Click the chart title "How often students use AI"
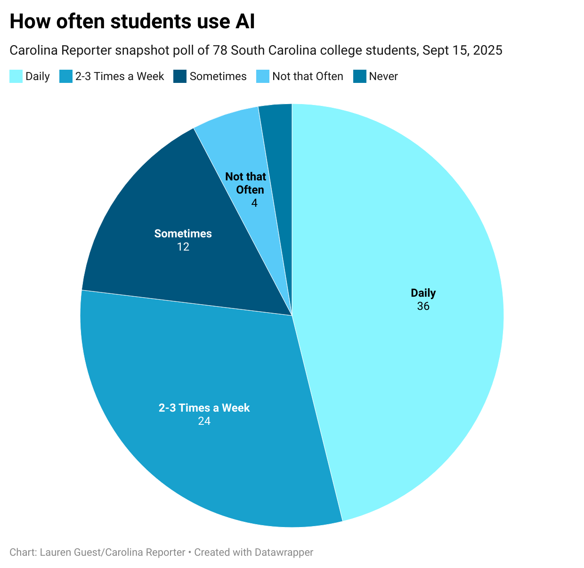click(x=132, y=21)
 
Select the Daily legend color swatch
click(x=16, y=76)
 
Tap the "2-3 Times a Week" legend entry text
click(x=120, y=76)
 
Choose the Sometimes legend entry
click(x=218, y=76)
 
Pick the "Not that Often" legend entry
click(x=308, y=76)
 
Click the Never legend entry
click(x=383, y=76)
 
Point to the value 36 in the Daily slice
click(x=423, y=306)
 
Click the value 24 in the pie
click(x=204, y=421)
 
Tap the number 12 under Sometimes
click(x=183, y=247)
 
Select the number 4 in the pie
click(x=254, y=203)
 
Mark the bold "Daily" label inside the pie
click(x=423, y=293)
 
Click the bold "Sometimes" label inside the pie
click(x=183, y=234)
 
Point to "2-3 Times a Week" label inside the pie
click(x=204, y=408)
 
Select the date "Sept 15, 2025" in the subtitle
click(x=462, y=50)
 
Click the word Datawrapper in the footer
click(x=284, y=552)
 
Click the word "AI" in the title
click(x=244, y=21)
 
